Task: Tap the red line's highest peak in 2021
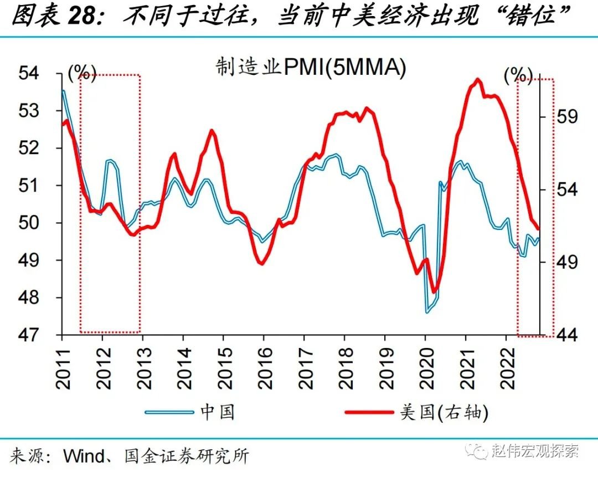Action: [x=477, y=80]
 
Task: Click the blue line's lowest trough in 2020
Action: [x=427, y=312]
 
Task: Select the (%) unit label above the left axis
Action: [x=81, y=72]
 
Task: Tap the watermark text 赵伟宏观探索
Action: [x=535, y=451]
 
